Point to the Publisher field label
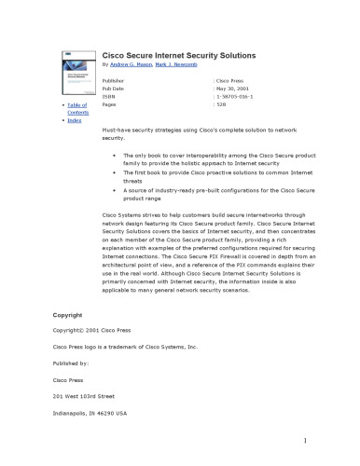coord(114,82)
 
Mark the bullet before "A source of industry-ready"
coord(114,189)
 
